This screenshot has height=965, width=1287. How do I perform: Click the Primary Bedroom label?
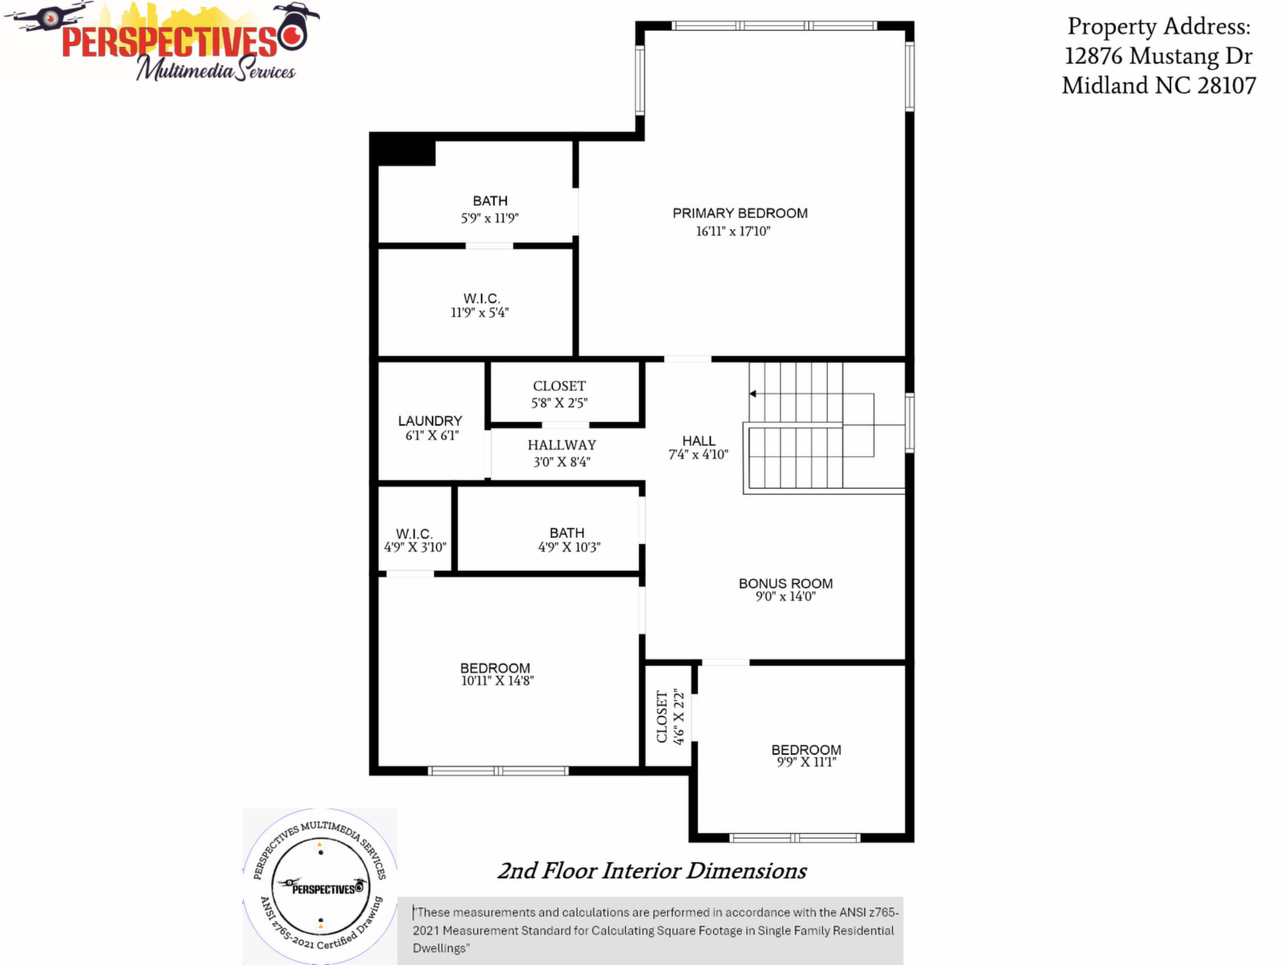(x=740, y=213)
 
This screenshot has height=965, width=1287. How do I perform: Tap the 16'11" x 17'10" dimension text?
(x=733, y=231)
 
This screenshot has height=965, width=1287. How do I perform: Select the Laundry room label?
(x=430, y=421)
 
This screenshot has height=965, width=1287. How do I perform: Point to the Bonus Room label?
(x=785, y=583)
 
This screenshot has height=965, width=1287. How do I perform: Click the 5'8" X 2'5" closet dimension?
(x=559, y=403)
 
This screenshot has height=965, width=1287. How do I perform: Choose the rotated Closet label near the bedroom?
(x=662, y=716)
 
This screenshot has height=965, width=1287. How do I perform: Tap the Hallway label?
(x=562, y=445)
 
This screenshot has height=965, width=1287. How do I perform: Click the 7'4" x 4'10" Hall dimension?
(x=698, y=454)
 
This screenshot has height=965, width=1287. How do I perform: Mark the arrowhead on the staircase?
(x=752, y=394)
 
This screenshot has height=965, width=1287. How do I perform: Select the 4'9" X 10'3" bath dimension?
(x=569, y=547)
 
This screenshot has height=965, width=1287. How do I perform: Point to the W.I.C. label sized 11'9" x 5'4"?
(x=482, y=299)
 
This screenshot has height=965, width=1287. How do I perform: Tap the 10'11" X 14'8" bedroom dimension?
(x=498, y=681)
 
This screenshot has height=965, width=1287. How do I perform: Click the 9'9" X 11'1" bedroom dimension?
(x=806, y=762)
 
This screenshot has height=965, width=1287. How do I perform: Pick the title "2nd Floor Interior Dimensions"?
(x=652, y=871)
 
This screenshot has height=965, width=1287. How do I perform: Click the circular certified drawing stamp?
(x=320, y=887)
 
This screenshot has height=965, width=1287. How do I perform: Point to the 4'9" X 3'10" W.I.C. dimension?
(x=416, y=547)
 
